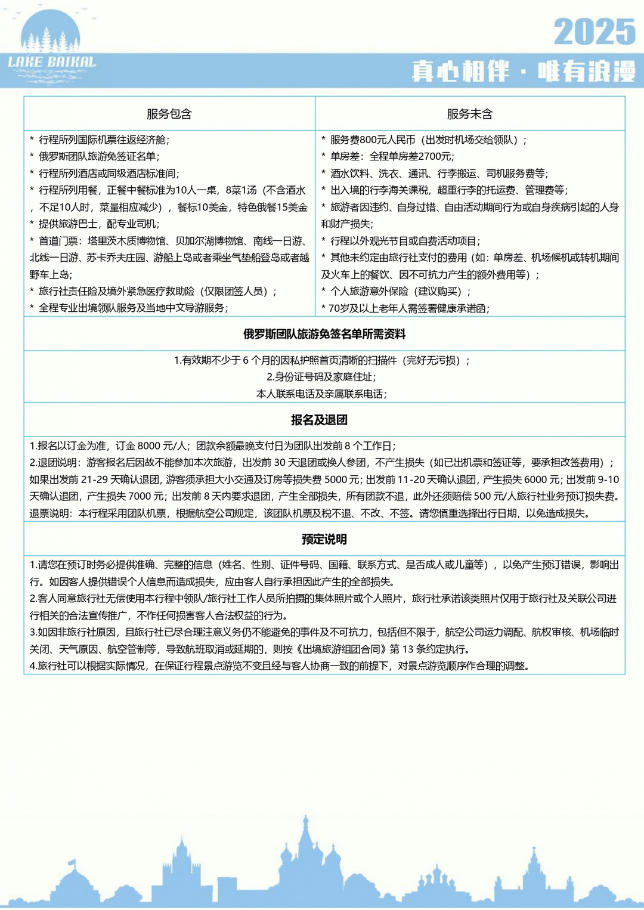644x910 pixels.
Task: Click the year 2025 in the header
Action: [595, 32]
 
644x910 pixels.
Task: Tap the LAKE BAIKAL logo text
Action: [52, 62]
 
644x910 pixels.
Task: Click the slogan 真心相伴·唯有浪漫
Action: [524, 72]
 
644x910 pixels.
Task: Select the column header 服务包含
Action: [169, 114]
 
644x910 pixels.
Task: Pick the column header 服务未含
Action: [470, 114]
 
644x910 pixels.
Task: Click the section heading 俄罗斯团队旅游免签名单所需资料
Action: [324, 334]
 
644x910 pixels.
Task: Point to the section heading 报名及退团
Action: [319, 420]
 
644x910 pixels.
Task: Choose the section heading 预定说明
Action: [324, 539]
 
